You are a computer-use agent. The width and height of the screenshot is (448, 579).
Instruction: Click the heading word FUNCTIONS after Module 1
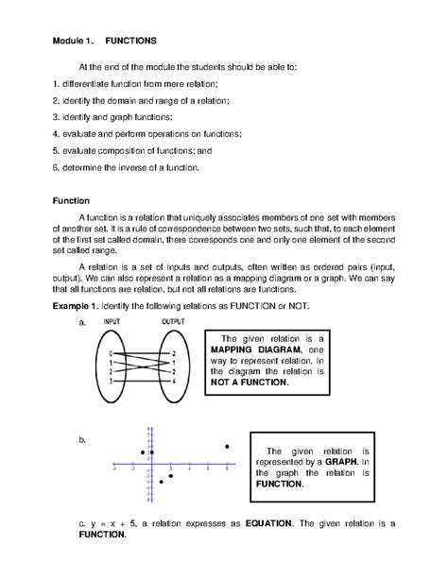(x=130, y=42)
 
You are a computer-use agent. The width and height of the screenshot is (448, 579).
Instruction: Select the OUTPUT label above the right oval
(x=173, y=322)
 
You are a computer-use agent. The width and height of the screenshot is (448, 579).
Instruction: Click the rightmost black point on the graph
(x=226, y=446)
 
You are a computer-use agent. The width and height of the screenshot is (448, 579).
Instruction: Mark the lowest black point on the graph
(x=161, y=482)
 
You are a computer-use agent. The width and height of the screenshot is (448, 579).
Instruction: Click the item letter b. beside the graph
(x=83, y=440)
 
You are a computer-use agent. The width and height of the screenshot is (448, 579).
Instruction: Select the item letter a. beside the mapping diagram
(x=83, y=323)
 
